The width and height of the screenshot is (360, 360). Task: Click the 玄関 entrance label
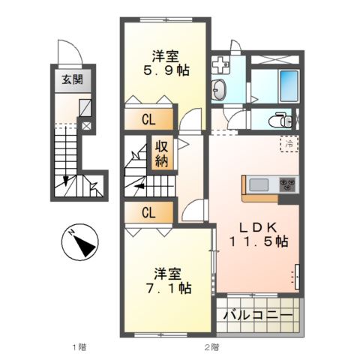73,80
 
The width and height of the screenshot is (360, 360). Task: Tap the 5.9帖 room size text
166,70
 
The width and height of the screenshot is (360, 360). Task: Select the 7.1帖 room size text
169,289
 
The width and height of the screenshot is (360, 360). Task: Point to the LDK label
258,227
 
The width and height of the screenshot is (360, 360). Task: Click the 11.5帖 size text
259,241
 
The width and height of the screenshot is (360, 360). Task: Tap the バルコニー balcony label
258,316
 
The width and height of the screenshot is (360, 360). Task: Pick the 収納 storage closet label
161,154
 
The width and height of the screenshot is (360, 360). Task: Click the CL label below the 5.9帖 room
148,119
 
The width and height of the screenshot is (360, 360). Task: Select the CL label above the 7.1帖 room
148,213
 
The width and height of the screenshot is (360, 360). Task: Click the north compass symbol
80,242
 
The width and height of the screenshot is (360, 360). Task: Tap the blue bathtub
289,85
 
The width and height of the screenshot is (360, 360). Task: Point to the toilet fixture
280,121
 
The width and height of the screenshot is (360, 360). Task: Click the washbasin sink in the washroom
219,89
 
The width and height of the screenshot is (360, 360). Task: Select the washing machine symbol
220,64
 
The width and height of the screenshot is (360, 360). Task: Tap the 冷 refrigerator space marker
289,144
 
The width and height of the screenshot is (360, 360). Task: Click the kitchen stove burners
287,184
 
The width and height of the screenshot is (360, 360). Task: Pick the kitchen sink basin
259,185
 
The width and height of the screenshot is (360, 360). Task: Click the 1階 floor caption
79,347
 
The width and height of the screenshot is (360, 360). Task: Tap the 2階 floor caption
211,347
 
